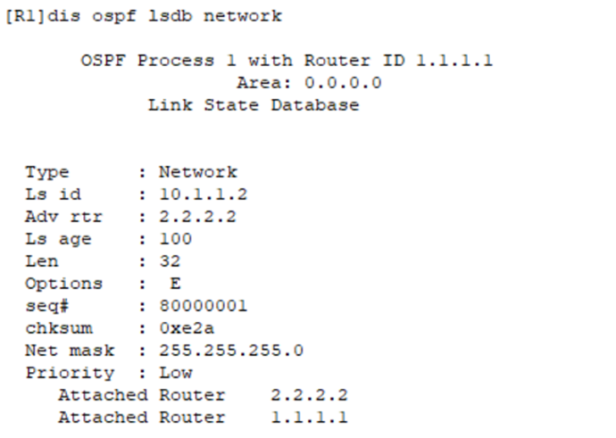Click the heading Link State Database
[x=254, y=106]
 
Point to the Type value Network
[x=198, y=172]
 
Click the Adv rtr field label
[x=63, y=217]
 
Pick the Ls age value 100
[x=175, y=239]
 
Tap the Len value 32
[x=170, y=261]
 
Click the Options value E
[x=175, y=284]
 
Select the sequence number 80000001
[x=204, y=306]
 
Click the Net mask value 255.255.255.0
[x=231, y=351]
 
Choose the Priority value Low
[x=175, y=373]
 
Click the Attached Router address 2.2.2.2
[x=309, y=395]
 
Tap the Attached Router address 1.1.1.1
[x=309, y=417]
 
